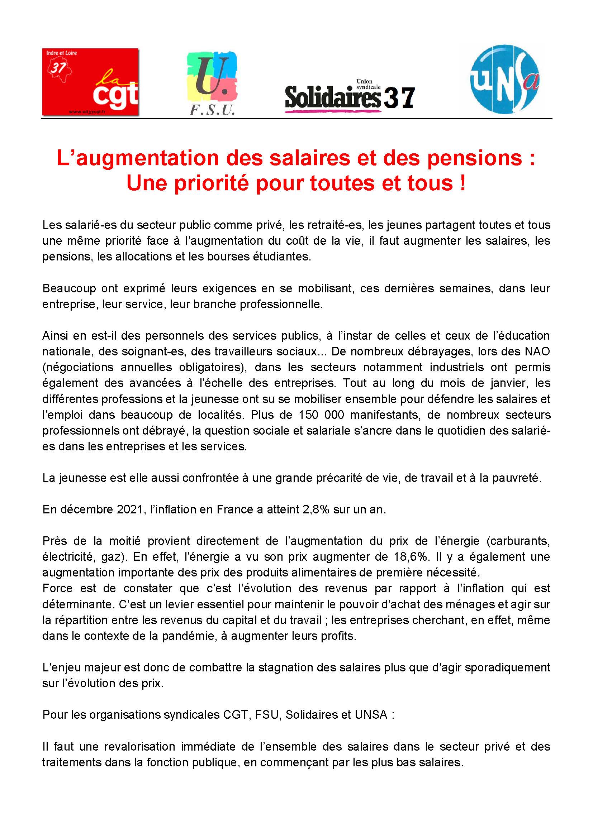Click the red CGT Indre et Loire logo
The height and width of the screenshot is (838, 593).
click(x=90, y=82)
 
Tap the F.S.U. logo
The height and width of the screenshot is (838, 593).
click(x=212, y=83)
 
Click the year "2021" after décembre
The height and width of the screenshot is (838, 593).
click(x=130, y=509)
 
